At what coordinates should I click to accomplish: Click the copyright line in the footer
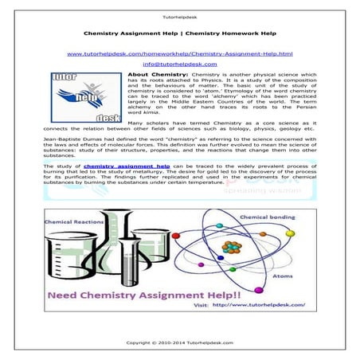click(180, 342)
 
